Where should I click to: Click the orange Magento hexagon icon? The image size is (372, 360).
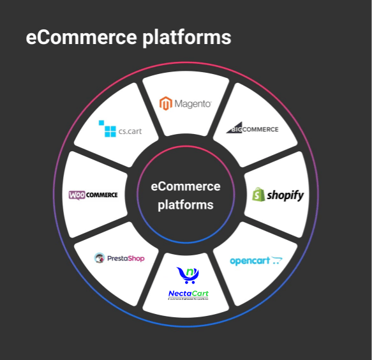click(x=166, y=103)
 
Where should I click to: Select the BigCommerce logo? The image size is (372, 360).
click(x=253, y=128)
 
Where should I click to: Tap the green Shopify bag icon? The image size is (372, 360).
click(x=258, y=195)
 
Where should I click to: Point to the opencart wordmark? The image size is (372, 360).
click(x=249, y=261)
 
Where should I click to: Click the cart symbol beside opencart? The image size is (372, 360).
click(x=276, y=260)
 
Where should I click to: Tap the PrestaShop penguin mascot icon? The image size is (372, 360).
click(x=100, y=258)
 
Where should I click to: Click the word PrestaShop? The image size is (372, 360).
click(x=126, y=259)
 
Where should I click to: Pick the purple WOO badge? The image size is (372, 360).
click(x=77, y=195)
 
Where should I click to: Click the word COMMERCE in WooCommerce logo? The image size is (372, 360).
click(x=102, y=195)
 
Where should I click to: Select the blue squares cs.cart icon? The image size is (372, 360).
click(x=107, y=129)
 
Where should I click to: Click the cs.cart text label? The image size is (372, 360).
click(x=130, y=132)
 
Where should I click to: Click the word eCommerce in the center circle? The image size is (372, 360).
click(x=186, y=186)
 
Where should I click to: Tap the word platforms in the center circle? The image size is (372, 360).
click(x=186, y=205)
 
